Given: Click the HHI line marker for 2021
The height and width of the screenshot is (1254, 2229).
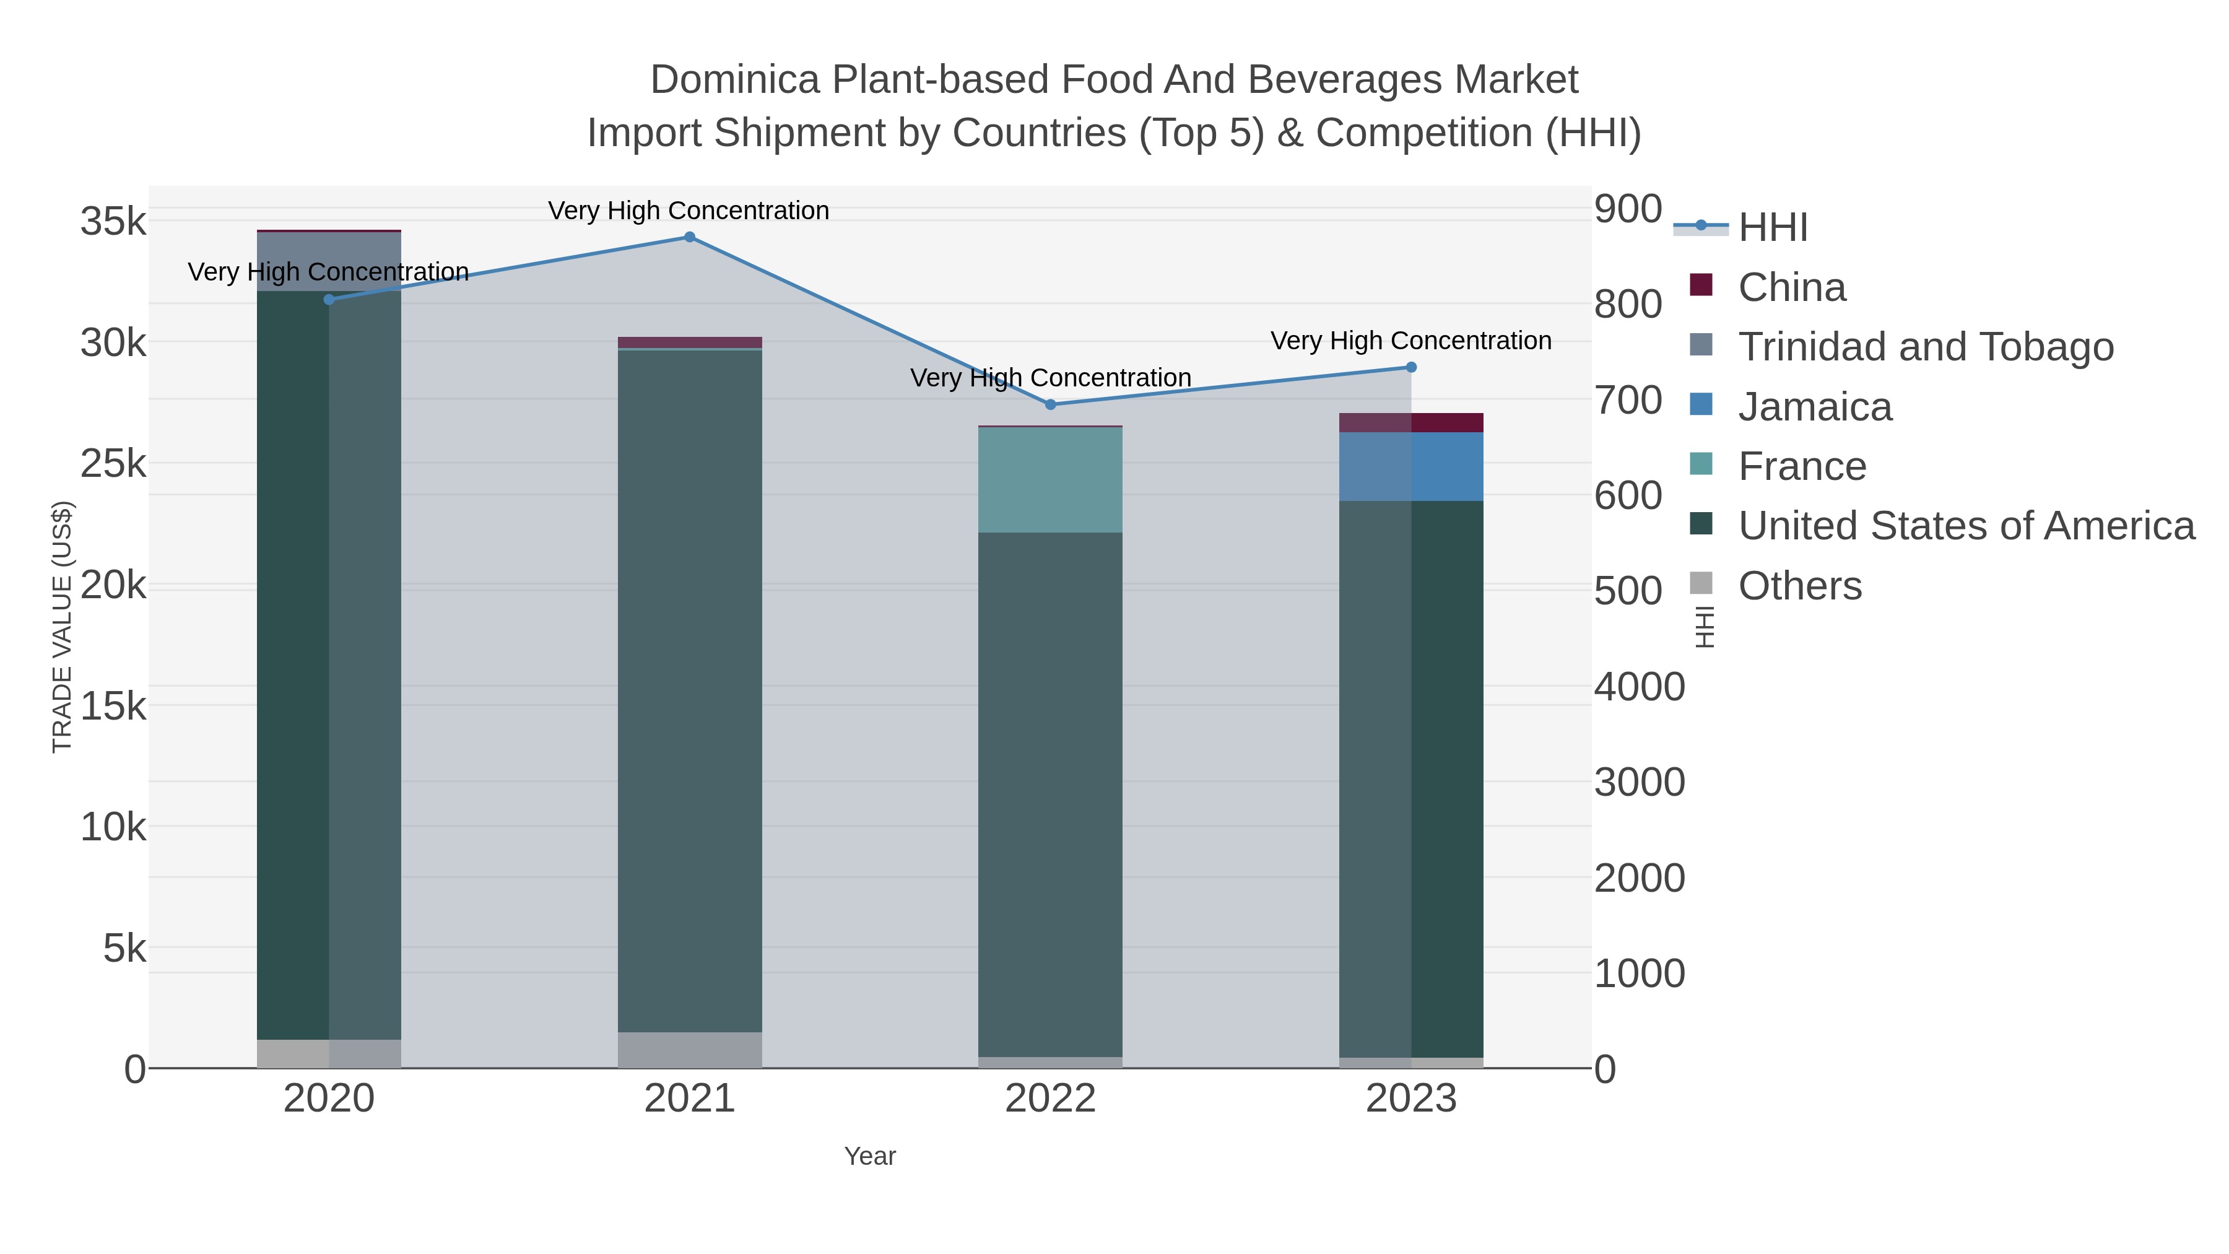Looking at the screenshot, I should (690, 237).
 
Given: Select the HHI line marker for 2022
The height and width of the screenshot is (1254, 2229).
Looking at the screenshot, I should (1051, 404).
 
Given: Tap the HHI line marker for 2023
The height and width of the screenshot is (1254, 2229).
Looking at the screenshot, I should (1411, 367).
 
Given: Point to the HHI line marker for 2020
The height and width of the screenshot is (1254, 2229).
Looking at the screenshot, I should (329, 300).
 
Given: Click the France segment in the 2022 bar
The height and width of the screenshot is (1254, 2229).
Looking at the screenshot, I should (1051, 481).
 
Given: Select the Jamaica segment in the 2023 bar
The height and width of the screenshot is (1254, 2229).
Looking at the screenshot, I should (1411, 466).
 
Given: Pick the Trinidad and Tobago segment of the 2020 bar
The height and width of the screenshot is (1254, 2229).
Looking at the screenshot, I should (329, 261).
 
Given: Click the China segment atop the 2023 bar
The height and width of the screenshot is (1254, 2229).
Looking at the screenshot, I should (1411, 422).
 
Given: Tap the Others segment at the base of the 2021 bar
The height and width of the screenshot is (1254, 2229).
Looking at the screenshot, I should (690, 1050).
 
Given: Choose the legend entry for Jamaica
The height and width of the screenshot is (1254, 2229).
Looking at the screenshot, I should (1815, 407).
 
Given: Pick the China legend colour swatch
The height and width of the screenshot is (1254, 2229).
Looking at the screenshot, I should (1701, 285).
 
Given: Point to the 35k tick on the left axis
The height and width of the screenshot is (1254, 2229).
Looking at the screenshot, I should (113, 222).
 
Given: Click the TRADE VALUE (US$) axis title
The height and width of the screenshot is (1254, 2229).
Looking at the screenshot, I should (63, 627).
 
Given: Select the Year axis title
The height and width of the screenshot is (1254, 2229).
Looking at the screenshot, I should (870, 1156).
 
